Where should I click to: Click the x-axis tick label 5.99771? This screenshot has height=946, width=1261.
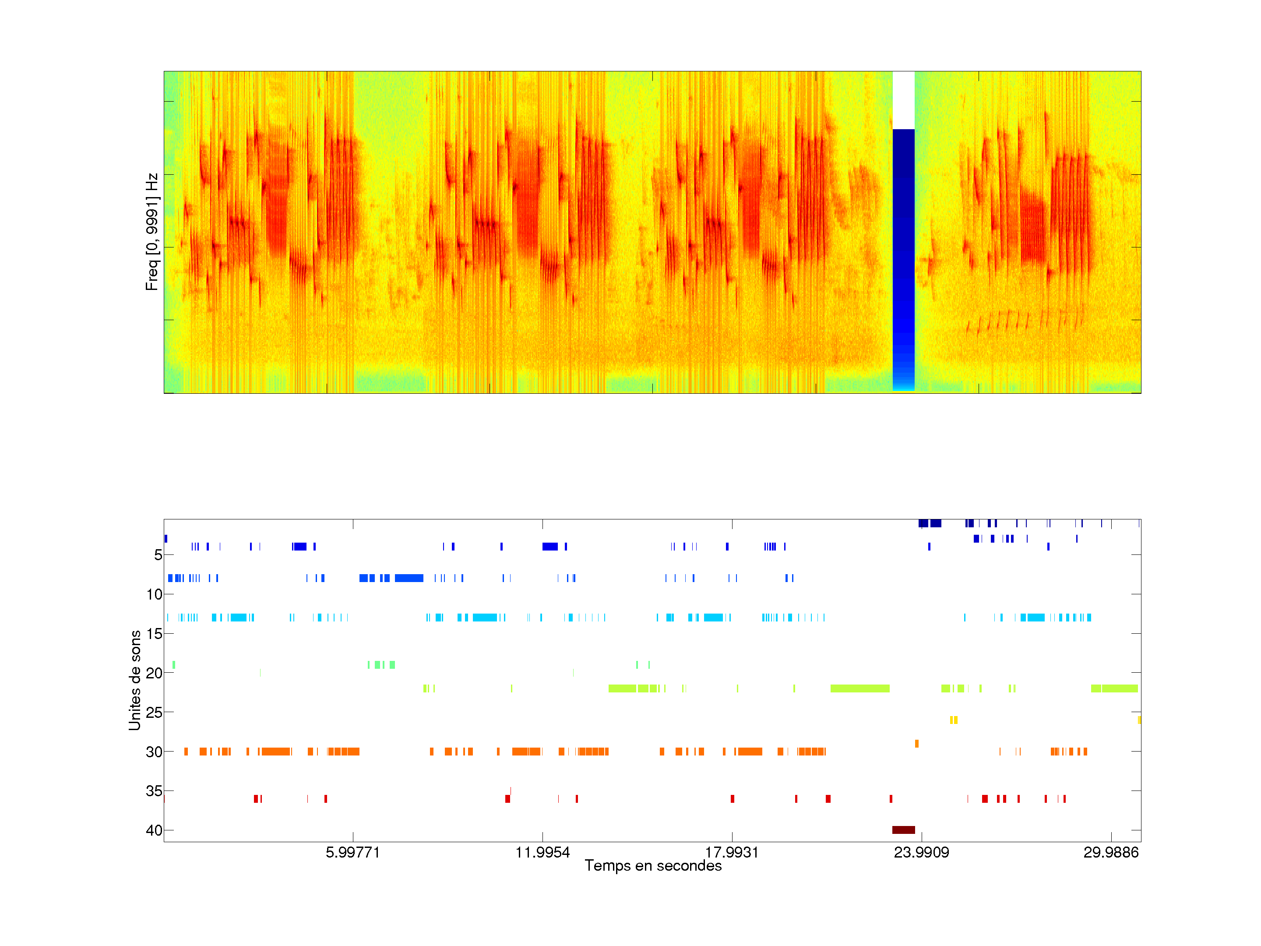click(352, 852)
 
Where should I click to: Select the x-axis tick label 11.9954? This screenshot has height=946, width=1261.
click(542, 852)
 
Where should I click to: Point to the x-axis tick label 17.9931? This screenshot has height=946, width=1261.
click(732, 852)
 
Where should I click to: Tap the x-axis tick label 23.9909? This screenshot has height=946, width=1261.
click(921, 852)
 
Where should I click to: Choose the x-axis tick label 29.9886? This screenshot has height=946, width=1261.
click(1110, 852)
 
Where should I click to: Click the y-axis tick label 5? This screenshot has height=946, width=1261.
click(158, 555)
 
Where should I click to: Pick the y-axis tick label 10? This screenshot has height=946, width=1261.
click(154, 594)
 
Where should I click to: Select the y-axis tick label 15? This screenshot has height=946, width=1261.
click(154, 634)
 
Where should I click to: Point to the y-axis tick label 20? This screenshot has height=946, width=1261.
click(154, 673)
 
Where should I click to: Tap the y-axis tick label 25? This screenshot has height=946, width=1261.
click(154, 712)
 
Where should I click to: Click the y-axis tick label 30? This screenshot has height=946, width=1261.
click(154, 752)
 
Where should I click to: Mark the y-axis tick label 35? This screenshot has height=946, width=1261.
click(154, 791)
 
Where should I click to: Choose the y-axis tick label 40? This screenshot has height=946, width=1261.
click(154, 830)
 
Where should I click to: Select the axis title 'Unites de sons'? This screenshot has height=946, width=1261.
click(135, 680)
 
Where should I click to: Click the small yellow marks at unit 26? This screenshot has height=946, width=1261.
click(954, 720)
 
